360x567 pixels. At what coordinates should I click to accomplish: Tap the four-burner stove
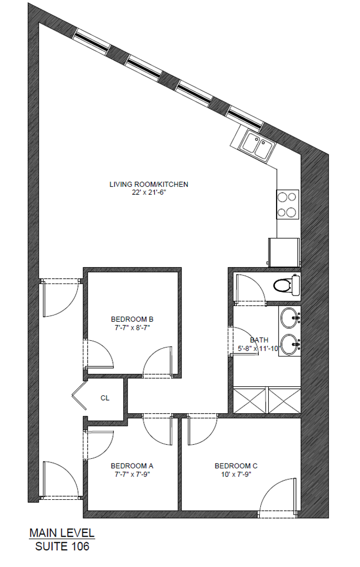click(x=288, y=204)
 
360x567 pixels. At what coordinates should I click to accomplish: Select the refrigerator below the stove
click(x=284, y=253)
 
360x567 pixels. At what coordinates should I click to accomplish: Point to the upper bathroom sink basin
click(x=289, y=317)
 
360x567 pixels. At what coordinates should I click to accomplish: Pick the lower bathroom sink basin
click(x=289, y=345)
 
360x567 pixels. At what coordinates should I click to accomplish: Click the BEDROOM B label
click(x=132, y=319)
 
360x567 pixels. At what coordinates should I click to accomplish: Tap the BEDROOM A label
click(x=132, y=466)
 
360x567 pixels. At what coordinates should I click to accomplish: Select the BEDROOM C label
click(x=236, y=466)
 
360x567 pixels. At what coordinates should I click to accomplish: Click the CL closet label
click(x=105, y=398)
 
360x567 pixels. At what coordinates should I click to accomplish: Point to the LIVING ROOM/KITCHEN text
click(x=149, y=184)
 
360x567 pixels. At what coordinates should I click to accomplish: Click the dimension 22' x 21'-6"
click(x=149, y=192)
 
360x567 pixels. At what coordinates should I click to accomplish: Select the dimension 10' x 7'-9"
click(x=236, y=474)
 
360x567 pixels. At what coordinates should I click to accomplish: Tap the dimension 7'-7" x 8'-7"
click(x=132, y=327)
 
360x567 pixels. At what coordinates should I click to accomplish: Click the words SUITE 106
click(x=62, y=547)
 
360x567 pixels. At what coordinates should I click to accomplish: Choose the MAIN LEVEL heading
click(x=62, y=533)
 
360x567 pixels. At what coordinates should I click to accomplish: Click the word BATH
click(x=259, y=340)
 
